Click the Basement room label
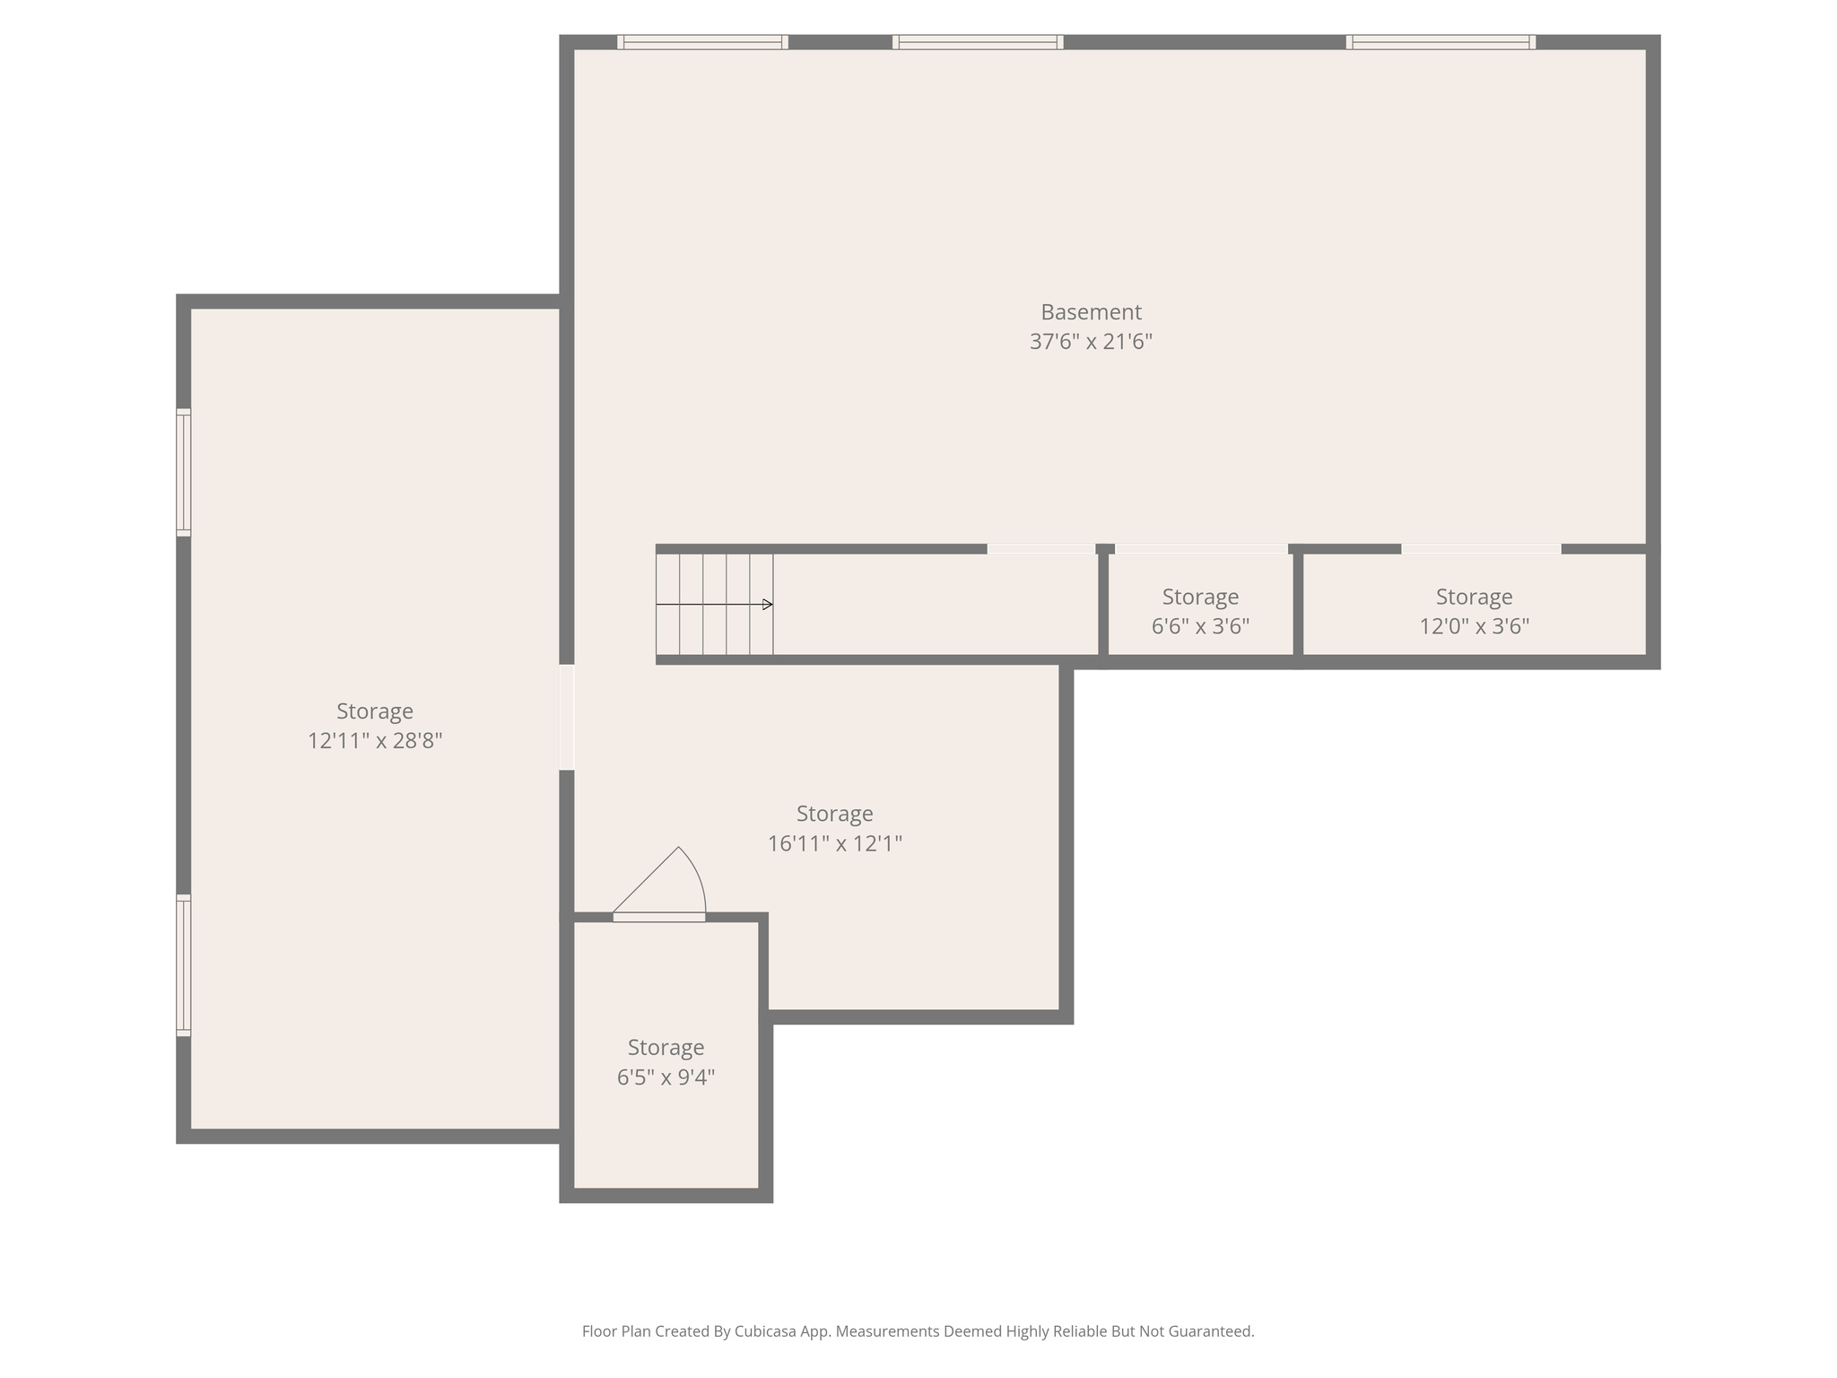tap(1091, 312)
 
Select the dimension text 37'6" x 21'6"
tap(1091, 342)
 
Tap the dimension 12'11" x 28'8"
tap(375, 741)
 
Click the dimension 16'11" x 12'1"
tap(834, 843)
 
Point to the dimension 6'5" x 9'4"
tap(666, 1077)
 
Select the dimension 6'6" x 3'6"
tap(1200, 626)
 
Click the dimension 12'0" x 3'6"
tap(1474, 626)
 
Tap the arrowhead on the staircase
tap(768, 605)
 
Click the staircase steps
tap(714, 605)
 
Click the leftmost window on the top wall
tap(702, 42)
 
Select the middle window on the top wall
tap(978, 42)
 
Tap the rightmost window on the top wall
tap(1441, 42)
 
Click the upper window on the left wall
tap(183, 472)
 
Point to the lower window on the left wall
tap(183, 965)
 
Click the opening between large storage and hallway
tap(567, 717)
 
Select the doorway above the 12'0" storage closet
tap(1481, 549)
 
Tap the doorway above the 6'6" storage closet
tap(1201, 549)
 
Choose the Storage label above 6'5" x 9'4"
tap(666, 1047)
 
